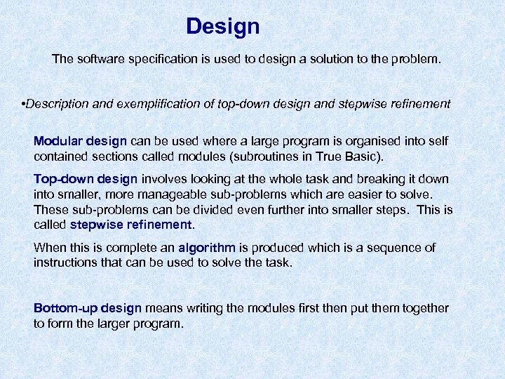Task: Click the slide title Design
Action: [x=222, y=27]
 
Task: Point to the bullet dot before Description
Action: [x=24, y=104]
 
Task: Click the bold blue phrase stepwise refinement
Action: [x=131, y=225]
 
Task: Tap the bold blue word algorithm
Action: [x=208, y=248]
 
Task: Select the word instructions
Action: [x=65, y=262]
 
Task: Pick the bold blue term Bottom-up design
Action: [x=88, y=308]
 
